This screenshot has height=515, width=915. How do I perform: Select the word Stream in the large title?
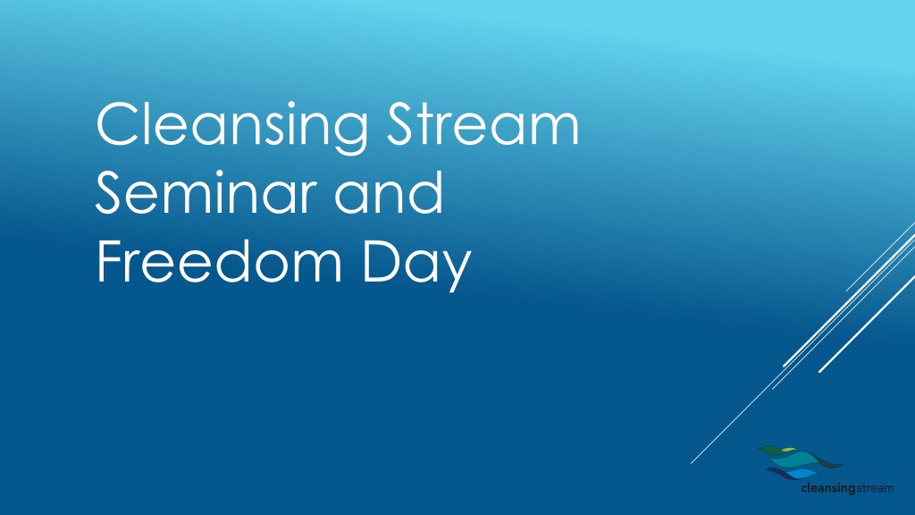pyautogui.click(x=483, y=123)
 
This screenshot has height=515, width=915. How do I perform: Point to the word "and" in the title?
pyautogui.click(x=389, y=192)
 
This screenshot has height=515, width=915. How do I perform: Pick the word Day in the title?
pyautogui.click(x=416, y=265)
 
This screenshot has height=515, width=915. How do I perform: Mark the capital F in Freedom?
pyautogui.click(x=111, y=261)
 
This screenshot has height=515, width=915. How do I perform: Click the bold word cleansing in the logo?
pyautogui.click(x=828, y=489)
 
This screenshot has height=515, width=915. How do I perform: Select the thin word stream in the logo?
pyautogui.click(x=874, y=488)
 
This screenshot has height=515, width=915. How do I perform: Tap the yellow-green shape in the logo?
pyautogui.click(x=788, y=450)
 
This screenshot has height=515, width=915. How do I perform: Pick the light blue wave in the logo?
pyautogui.click(x=801, y=473)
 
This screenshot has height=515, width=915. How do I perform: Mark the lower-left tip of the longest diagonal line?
pyautogui.click(x=691, y=464)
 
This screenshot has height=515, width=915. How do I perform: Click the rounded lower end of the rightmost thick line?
pyautogui.click(x=820, y=371)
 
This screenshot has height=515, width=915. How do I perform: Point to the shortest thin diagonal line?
pyautogui.click(x=879, y=257)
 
